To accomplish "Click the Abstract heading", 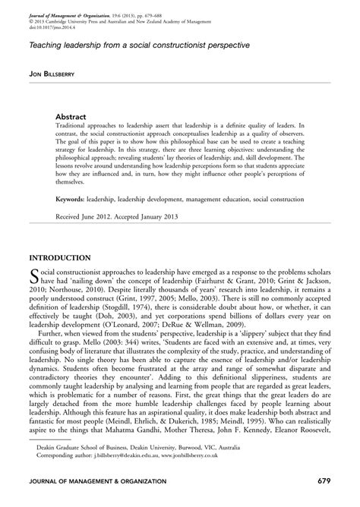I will click(74, 117).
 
